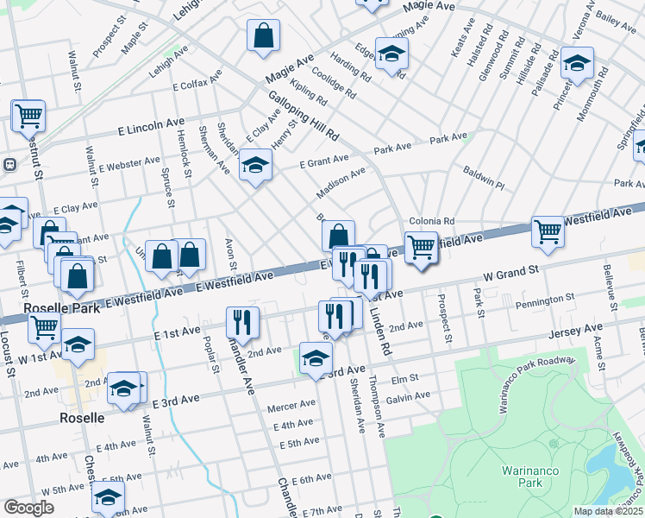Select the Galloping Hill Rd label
tap(302, 115)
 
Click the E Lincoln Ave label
tap(152, 128)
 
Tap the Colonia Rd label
tap(431, 221)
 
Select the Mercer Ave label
tap(291, 405)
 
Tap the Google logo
tap(28, 508)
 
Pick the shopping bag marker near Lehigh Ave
tap(264, 37)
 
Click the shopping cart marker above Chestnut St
tap(28, 115)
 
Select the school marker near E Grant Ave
tap(255, 164)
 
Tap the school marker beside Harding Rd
tap(391, 54)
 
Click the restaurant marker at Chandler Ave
tap(242, 322)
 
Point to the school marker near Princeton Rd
tap(577, 63)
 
